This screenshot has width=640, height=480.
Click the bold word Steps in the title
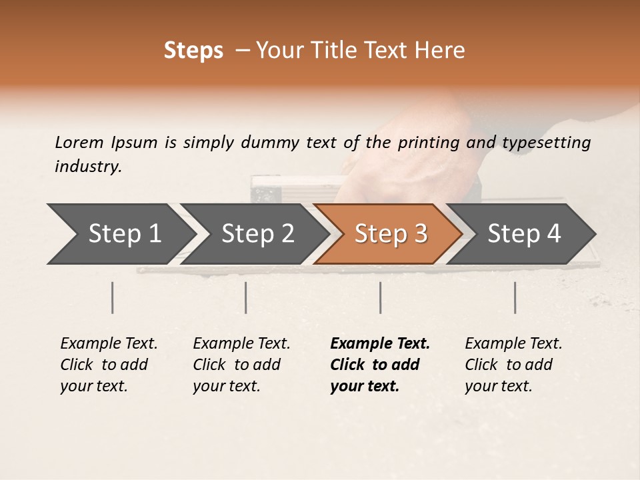tap(193, 51)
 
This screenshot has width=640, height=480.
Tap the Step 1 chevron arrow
tap(120, 234)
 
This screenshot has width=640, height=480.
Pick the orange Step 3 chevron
tap(390, 234)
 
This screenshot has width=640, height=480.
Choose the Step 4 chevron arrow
tap(523, 234)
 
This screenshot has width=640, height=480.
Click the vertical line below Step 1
tap(113, 297)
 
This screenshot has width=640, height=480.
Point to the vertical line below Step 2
tap(246, 297)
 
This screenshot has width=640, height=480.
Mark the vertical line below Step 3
tap(380, 297)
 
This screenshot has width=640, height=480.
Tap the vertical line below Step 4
tap(515, 297)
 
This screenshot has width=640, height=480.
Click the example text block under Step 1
tap(109, 365)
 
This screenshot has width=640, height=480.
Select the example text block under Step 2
tap(241, 365)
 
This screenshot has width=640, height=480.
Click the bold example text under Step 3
tap(380, 365)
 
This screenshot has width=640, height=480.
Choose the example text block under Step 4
tap(513, 365)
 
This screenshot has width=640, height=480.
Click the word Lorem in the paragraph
tap(79, 142)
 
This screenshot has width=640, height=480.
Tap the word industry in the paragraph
tap(87, 167)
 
